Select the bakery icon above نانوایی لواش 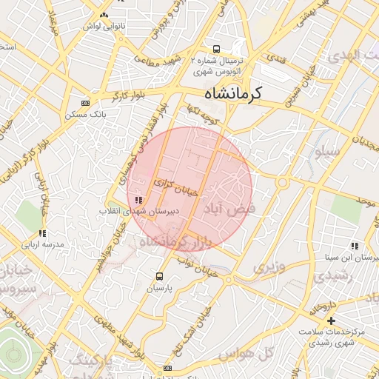click(x=104, y=15)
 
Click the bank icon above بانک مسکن click(x=85, y=103)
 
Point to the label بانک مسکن click(x=86, y=115)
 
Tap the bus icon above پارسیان click(x=158, y=277)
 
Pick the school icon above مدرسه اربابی click(x=42, y=233)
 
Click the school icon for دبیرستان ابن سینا click(x=355, y=245)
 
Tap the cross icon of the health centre click(x=331, y=321)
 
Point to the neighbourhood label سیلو click(x=326, y=152)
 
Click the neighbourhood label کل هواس click(x=277, y=354)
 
